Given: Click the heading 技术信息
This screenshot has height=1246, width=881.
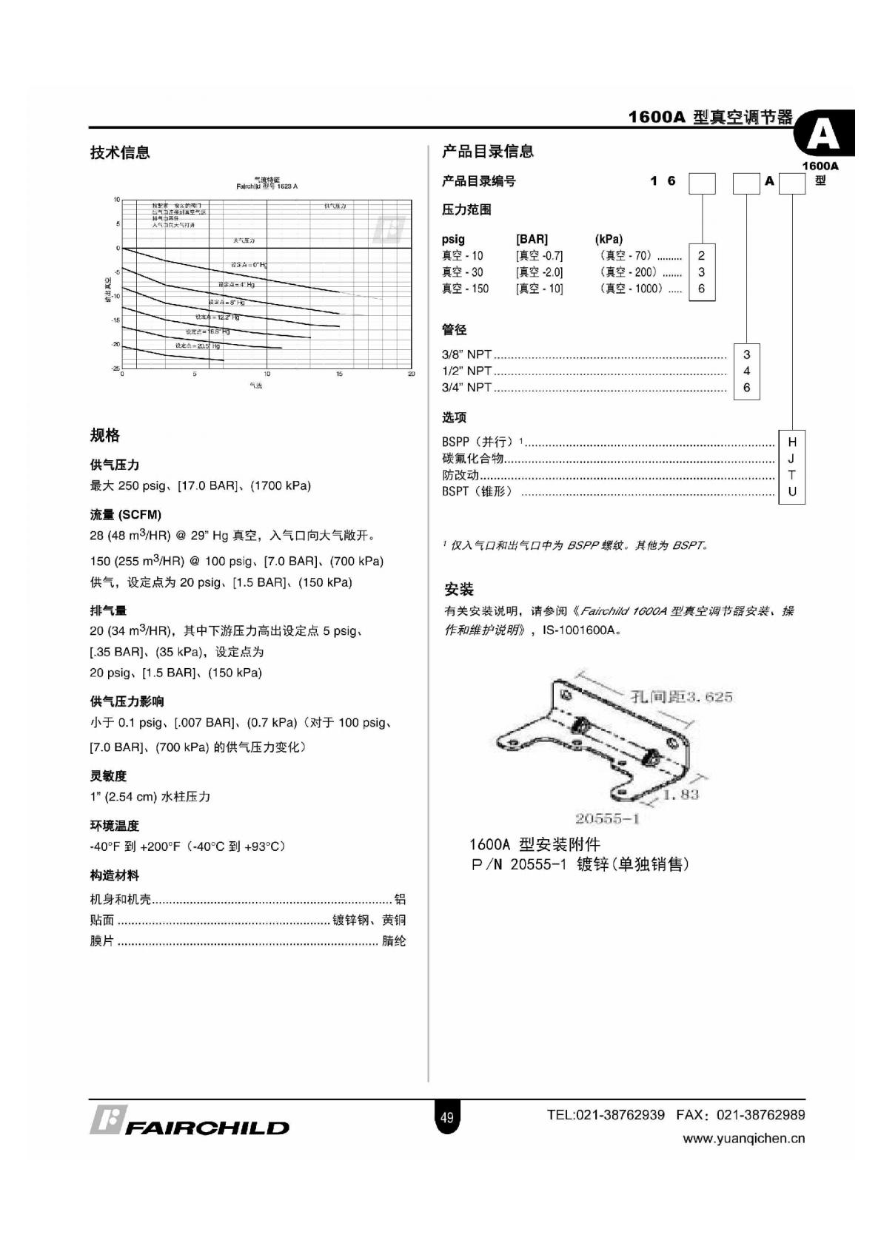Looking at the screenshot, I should (x=120, y=152).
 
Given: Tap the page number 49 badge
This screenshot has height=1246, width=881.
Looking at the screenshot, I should (x=446, y=1117).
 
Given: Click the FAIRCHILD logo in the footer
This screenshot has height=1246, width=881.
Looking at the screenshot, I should (x=190, y=1122).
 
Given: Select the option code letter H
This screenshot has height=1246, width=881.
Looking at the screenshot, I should (x=791, y=442).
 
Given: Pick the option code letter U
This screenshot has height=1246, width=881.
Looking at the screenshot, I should (x=791, y=491).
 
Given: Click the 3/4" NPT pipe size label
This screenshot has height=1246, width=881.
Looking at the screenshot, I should (x=466, y=388).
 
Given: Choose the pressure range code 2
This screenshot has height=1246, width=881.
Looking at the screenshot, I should (x=701, y=256).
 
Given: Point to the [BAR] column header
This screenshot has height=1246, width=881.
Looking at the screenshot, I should (x=532, y=239).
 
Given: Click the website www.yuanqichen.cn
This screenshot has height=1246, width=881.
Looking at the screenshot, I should (x=743, y=1139).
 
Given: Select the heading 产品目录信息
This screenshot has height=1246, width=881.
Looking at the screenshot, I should (x=487, y=152).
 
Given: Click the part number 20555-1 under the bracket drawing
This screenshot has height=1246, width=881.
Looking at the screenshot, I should (x=607, y=818).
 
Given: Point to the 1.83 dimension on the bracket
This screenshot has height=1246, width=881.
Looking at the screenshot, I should (x=680, y=795).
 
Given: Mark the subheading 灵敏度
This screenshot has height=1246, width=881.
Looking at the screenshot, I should (x=108, y=776).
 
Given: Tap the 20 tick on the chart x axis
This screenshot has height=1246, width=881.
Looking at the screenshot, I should (x=412, y=374).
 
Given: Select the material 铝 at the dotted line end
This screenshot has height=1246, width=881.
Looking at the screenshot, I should (x=400, y=900).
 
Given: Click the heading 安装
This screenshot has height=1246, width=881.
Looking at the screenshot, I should (x=458, y=590).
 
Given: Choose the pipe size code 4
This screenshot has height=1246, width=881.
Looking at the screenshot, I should (x=746, y=371).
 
